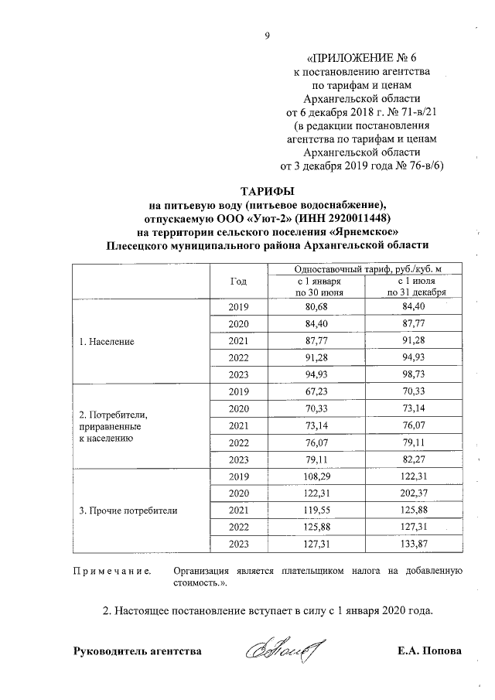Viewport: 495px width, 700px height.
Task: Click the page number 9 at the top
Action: tap(267, 35)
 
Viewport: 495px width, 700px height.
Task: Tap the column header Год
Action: tap(238, 282)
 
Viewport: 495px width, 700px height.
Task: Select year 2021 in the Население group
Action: tap(238, 341)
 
